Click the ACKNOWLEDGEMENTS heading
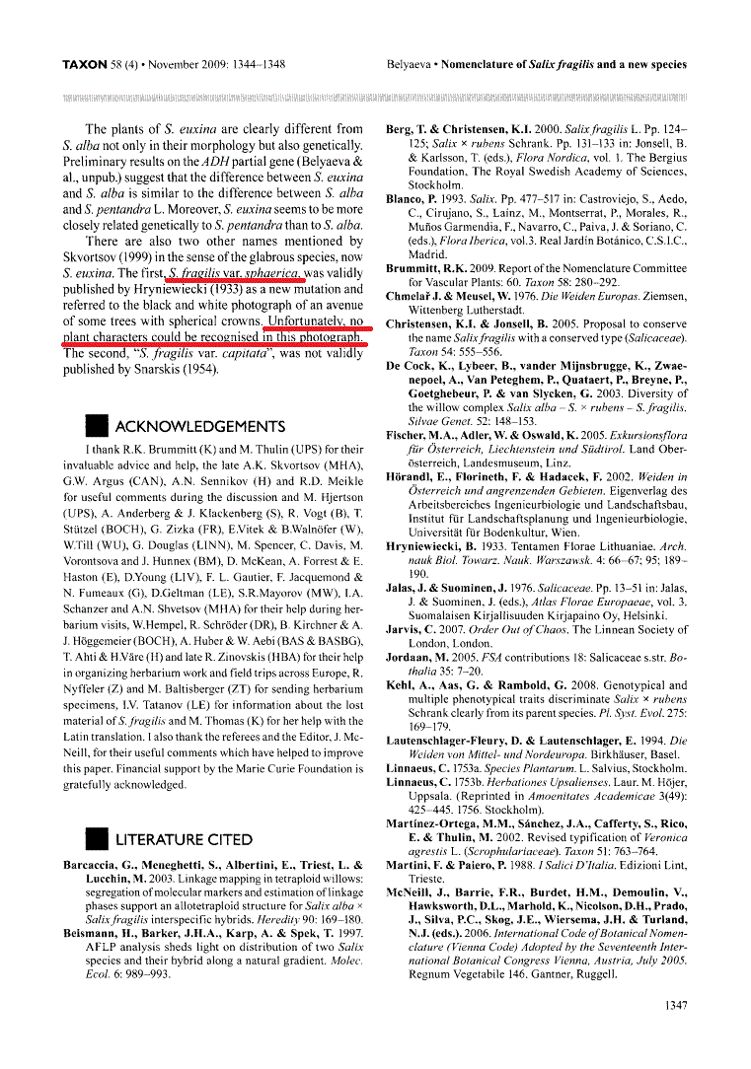click(x=200, y=426)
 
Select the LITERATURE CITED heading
click(x=184, y=839)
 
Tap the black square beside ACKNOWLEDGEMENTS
click(x=97, y=426)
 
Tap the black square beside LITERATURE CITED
click(x=97, y=839)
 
